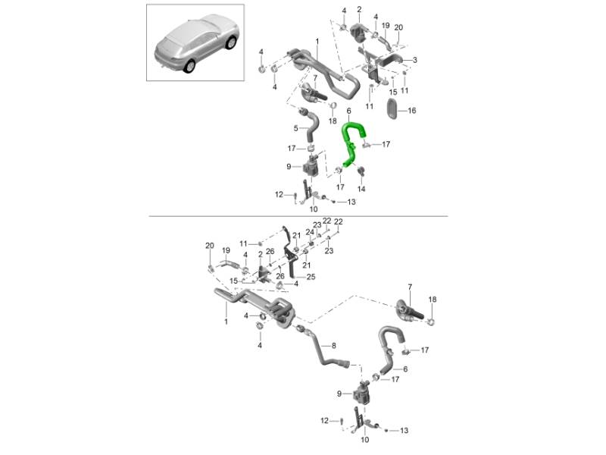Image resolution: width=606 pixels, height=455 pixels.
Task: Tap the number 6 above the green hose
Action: [x=348, y=111]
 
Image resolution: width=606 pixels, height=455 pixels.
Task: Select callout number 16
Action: [x=412, y=111]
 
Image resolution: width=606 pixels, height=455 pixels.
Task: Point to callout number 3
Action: [x=414, y=60]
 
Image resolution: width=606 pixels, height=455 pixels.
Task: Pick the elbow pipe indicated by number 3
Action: [x=390, y=58]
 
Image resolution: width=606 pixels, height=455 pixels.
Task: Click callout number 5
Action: [x=295, y=128]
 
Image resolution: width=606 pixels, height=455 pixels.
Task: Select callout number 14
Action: [x=361, y=189]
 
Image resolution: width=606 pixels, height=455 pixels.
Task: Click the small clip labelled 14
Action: [x=361, y=171]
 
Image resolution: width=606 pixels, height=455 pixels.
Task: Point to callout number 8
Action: [x=333, y=345]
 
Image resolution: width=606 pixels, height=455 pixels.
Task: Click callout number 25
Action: [x=311, y=277]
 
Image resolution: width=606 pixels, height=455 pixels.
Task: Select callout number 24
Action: [x=310, y=232]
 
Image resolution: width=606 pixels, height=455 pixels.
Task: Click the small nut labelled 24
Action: [x=311, y=243]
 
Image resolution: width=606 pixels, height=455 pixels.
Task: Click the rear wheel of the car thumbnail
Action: [x=189, y=67]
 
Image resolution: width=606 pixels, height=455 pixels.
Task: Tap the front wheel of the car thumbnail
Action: [x=231, y=43]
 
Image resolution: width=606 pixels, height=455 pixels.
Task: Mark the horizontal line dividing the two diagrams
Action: [x=298, y=216]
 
